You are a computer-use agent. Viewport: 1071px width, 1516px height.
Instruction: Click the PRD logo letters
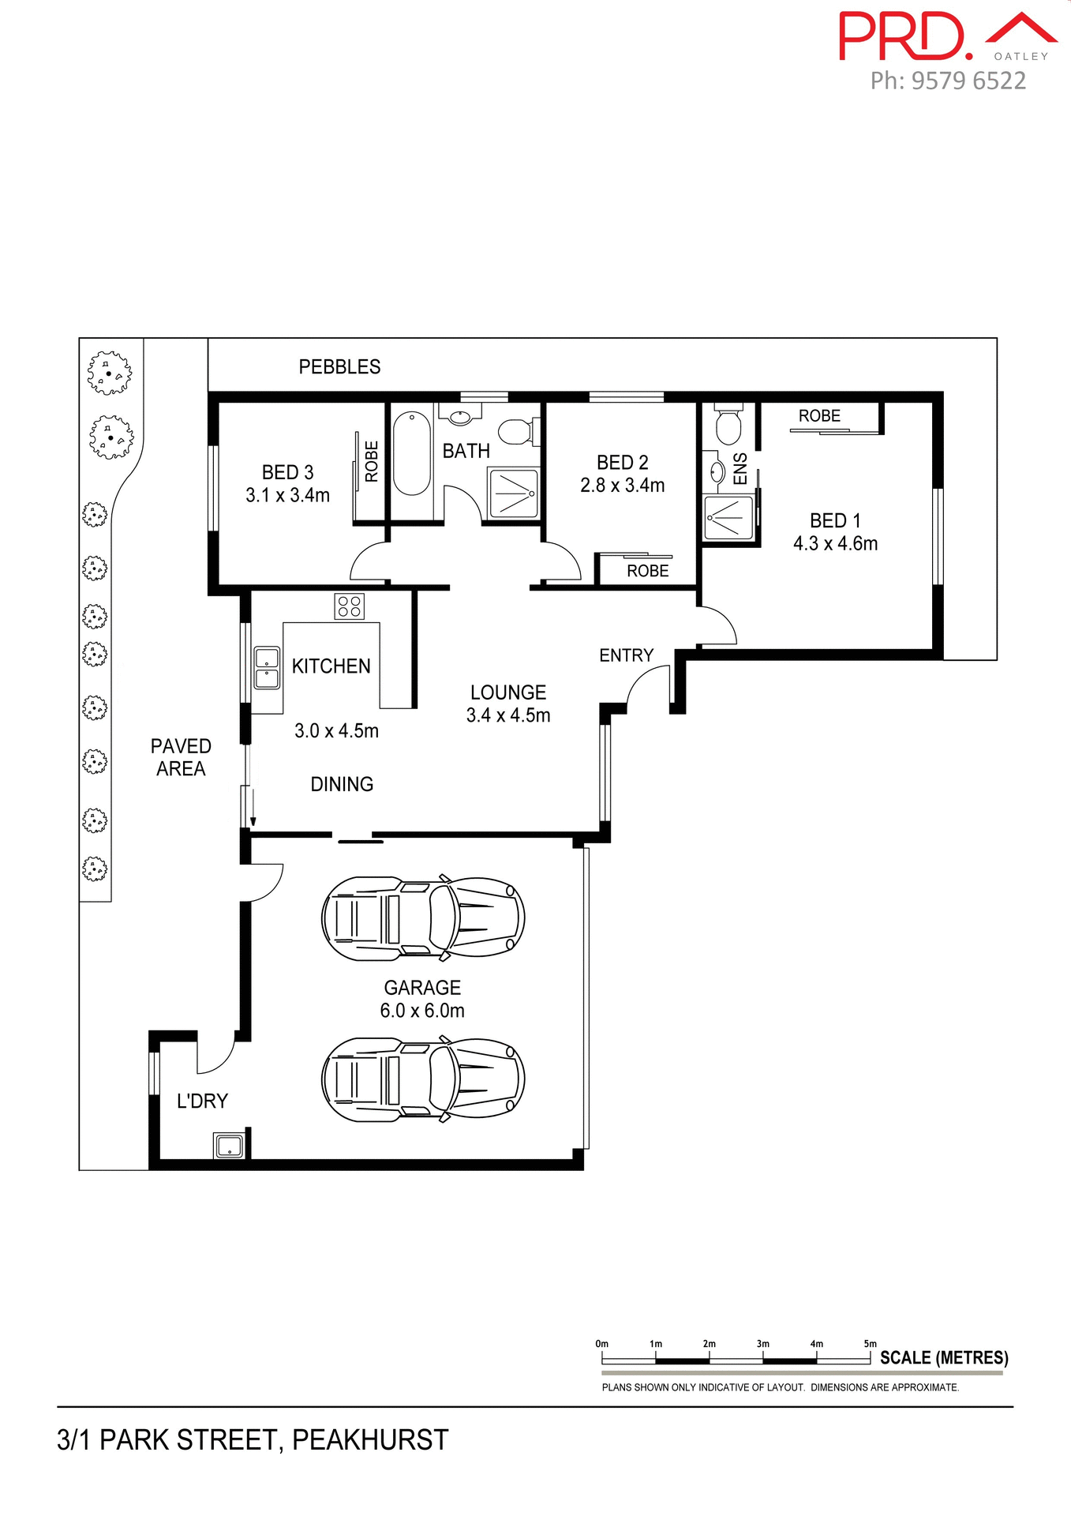904,37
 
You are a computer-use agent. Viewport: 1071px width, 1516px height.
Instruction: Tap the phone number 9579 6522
968,81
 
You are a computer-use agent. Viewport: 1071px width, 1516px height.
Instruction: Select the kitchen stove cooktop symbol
349,606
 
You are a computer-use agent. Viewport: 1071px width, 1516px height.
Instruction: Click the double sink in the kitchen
267,668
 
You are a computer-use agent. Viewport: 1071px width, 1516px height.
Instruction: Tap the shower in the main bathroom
513,493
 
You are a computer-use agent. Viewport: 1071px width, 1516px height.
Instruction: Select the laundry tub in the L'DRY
229,1146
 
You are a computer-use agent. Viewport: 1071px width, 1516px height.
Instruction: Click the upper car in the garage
423,918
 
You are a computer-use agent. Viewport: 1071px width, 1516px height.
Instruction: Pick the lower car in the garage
423,1079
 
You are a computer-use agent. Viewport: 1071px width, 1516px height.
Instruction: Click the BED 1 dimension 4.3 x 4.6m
835,543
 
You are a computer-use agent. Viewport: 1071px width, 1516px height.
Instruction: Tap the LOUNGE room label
508,692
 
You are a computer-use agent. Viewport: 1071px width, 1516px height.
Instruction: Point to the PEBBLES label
339,366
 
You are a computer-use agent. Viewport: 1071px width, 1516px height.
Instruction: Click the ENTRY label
626,655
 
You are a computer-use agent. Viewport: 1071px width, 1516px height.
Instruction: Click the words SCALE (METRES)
944,1358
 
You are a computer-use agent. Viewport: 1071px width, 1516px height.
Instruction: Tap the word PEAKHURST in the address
370,1440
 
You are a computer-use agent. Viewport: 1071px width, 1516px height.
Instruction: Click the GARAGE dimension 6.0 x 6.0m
422,1011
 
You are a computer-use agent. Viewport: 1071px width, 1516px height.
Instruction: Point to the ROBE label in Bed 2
647,571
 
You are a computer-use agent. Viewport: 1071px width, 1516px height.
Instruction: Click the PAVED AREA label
181,757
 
